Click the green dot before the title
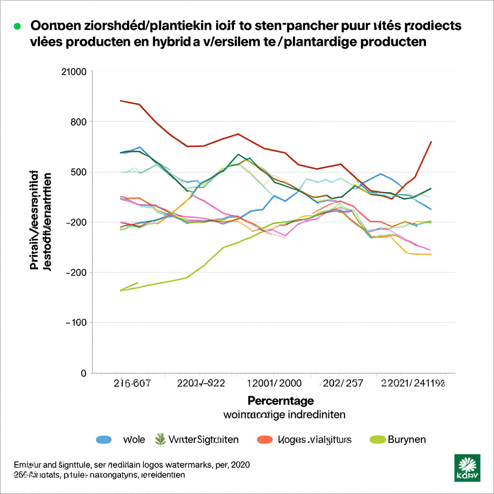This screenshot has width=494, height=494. pos(17,26)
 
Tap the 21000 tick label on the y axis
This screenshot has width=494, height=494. pos(74,72)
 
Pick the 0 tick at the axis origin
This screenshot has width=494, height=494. pos(83,373)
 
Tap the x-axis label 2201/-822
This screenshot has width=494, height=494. pos(201,384)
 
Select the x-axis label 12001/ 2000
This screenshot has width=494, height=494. pos(274,384)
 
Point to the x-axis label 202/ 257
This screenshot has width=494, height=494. pos(343,384)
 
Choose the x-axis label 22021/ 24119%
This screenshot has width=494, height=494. pos(412,384)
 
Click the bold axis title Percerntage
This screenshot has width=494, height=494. pos(281,400)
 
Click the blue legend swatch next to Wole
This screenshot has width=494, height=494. pos(104,439)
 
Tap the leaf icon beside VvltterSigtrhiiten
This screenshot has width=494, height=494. pos(160,439)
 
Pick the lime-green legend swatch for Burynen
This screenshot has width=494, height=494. pos(377,439)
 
